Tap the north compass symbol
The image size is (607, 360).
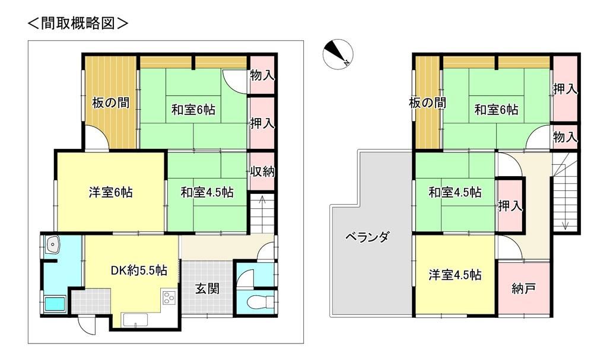click(x=338, y=54)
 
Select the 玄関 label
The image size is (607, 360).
click(x=208, y=289)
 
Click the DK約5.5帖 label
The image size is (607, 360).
click(x=138, y=270)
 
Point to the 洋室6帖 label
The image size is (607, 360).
click(x=110, y=192)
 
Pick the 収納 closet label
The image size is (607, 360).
click(x=262, y=172)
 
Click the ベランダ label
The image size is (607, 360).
click(x=367, y=238)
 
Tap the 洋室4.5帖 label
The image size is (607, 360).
click(x=455, y=275)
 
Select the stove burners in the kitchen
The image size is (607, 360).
click(x=169, y=297)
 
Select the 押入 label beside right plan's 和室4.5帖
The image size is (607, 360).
click(x=510, y=206)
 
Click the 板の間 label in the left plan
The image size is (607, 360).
click(x=110, y=103)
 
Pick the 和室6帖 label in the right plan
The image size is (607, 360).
click(x=496, y=109)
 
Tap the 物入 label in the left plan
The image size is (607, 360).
click(x=262, y=75)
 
